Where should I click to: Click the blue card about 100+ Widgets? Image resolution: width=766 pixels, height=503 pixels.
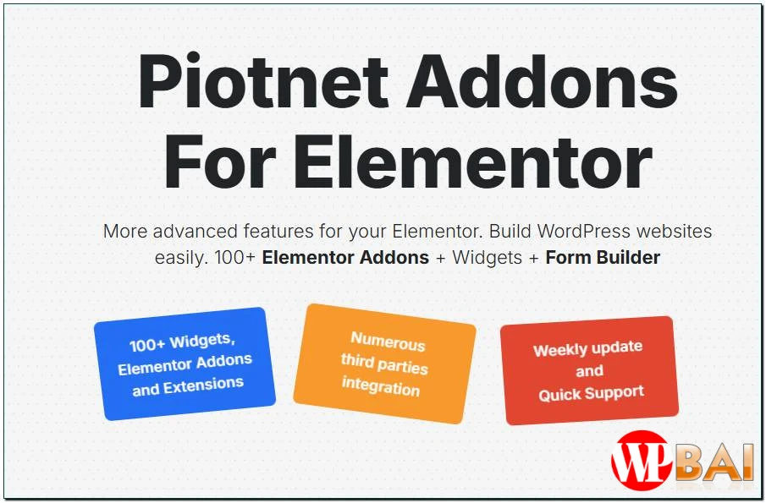(x=185, y=364)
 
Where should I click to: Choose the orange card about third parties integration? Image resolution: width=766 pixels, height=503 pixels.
(x=385, y=364)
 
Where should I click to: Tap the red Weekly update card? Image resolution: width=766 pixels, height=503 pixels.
(x=589, y=370)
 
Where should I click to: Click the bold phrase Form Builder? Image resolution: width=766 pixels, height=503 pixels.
(x=603, y=257)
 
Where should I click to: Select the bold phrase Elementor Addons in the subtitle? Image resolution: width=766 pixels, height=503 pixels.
(x=345, y=257)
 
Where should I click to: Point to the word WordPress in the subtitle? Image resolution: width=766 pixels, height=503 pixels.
(x=584, y=231)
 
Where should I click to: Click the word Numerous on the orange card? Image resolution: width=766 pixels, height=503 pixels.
(x=388, y=342)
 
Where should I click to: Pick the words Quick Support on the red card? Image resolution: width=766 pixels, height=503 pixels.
(x=592, y=393)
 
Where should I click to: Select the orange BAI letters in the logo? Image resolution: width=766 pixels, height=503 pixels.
(x=716, y=463)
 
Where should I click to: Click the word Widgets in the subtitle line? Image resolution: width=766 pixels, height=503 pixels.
(x=487, y=257)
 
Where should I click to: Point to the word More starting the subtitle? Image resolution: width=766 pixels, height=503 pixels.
(x=126, y=231)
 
